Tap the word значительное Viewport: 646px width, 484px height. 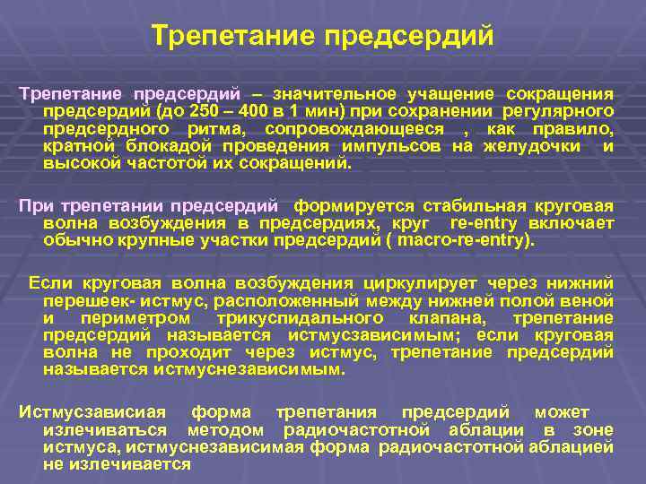[341, 94]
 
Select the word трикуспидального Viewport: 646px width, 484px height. [301, 318]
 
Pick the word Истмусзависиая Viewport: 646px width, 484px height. [93, 412]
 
